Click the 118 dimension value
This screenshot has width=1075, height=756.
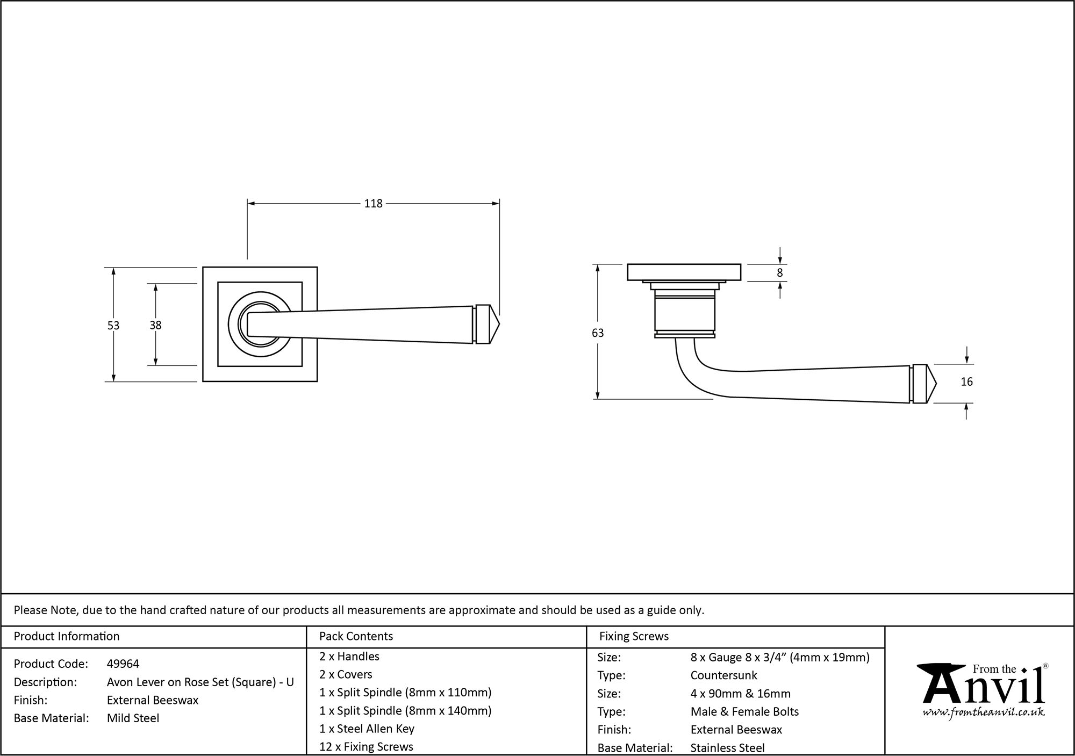pyautogui.click(x=373, y=204)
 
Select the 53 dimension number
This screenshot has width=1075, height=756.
pyautogui.click(x=113, y=326)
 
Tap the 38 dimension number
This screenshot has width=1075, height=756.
pyautogui.click(x=155, y=325)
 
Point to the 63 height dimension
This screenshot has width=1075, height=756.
pyautogui.click(x=598, y=333)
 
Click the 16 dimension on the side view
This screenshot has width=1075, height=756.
pyautogui.click(x=966, y=382)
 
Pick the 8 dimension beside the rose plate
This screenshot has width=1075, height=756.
pyautogui.click(x=780, y=273)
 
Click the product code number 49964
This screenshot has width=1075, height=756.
pyautogui.click(x=123, y=664)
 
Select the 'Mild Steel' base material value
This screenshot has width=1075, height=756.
pyautogui.click(x=133, y=718)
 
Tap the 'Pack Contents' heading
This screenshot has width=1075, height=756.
pyautogui.click(x=356, y=636)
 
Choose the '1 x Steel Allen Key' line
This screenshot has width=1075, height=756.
pyautogui.click(x=367, y=729)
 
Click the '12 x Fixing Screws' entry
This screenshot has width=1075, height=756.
pyautogui.click(x=366, y=747)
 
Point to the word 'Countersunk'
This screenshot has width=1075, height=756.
pyautogui.click(x=723, y=675)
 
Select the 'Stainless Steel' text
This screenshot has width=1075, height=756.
pyautogui.click(x=727, y=748)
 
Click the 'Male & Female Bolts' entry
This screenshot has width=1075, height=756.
pyautogui.click(x=744, y=712)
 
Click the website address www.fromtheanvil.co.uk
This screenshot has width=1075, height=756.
pyautogui.click(x=984, y=713)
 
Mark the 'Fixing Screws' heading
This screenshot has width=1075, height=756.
pyautogui.click(x=634, y=636)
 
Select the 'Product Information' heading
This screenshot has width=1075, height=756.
pyautogui.click(x=67, y=636)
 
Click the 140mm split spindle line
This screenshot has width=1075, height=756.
pyautogui.click(x=405, y=711)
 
